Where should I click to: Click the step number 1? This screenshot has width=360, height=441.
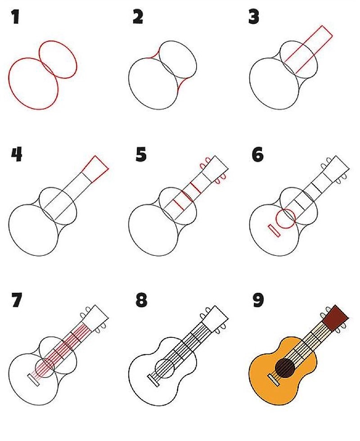click(15, 17)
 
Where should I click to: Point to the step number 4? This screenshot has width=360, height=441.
click(17, 155)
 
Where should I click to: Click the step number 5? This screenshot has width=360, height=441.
click(141, 155)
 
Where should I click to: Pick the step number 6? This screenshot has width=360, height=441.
click(258, 155)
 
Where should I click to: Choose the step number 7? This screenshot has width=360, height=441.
click(17, 300)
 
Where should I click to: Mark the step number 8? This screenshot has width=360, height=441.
click(141, 300)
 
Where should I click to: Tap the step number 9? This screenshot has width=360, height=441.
click(258, 300)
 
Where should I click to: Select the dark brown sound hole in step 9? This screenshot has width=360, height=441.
click(285, 368)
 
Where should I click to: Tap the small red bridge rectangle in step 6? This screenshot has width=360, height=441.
click(274, 231)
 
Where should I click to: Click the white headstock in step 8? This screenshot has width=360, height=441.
click(215, 318)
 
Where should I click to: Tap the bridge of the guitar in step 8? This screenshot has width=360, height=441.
click(153, 381)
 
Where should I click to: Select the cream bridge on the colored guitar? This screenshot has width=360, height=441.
click(274, 380)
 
